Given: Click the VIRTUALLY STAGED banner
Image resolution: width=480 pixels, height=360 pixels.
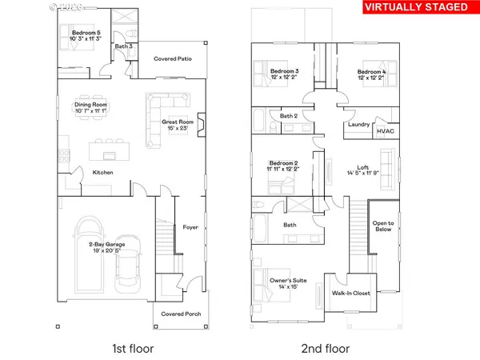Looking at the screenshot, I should tap(416, 9).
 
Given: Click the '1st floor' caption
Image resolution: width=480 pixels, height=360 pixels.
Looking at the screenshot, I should tap(134, 348).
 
